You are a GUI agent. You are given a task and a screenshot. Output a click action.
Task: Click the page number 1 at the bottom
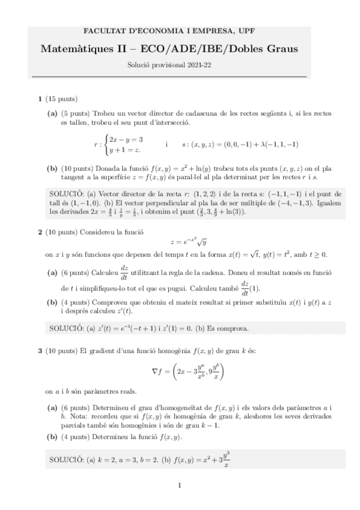coord(180,485)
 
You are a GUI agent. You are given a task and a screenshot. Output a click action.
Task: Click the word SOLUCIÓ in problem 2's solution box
coord(66,328)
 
